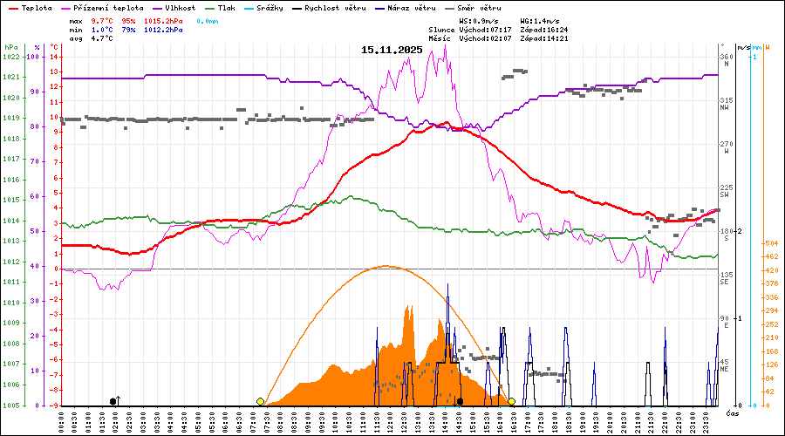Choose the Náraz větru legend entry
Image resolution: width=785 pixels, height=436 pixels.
[413, 8]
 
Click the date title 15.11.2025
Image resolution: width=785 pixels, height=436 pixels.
[392, 50]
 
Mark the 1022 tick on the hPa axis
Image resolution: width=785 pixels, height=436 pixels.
[10, 57]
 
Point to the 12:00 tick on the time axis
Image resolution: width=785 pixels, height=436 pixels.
[391, 420]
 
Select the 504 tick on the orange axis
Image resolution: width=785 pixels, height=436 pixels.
[771, 243]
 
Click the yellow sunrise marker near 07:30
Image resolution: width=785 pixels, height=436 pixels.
[260, 401]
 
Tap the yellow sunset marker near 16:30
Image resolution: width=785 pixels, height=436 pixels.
[512, 401]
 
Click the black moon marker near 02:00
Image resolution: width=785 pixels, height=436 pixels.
[113, 401]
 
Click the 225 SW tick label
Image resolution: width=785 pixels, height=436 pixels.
[726, 190]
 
